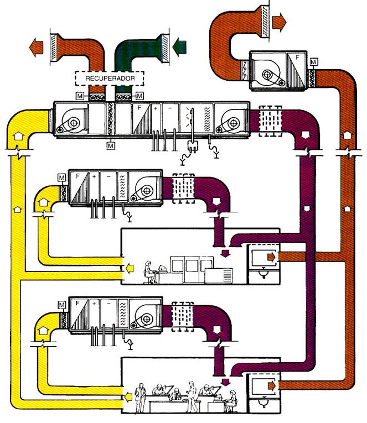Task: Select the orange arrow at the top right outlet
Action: (x=280, y=23)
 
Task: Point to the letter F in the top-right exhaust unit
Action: (x=298, y=56)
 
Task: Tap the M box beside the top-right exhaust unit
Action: (x=314, y=62)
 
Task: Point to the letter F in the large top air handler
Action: (x=142, y=108)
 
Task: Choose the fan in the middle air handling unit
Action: (x=146, y=191)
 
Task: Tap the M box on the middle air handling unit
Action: (x=61, y=177)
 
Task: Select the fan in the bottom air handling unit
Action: (x=146, y=318)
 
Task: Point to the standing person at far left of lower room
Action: (x=140, y=396)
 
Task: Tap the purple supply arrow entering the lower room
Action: (x=225, y=381)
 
